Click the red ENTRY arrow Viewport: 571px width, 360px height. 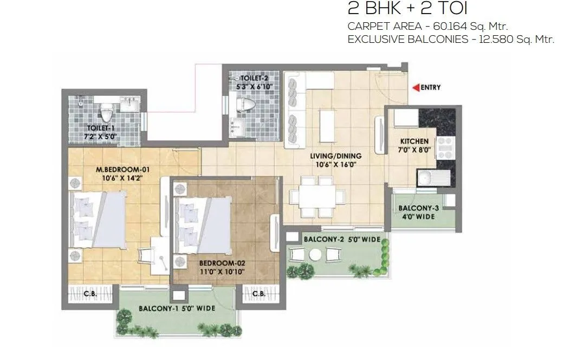point(416,87)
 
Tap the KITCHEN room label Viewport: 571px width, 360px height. point(415,142)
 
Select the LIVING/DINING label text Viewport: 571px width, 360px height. point(335,156)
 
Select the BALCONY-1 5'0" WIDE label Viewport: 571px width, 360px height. point(177,308)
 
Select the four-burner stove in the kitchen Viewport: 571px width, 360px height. point(444,147)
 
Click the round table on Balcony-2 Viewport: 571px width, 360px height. point(315,255)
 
